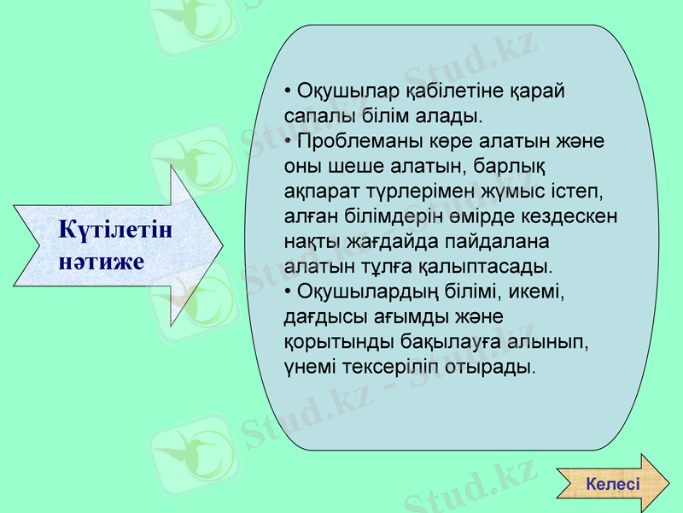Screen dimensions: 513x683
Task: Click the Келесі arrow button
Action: coord(613,484)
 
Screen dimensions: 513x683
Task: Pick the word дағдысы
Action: coord(320,315)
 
